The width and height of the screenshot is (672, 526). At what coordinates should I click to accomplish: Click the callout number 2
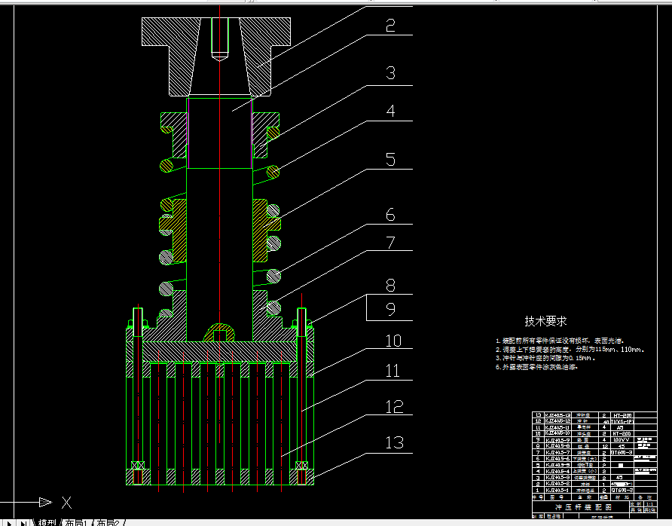pyautogui.click(x=390, y=26)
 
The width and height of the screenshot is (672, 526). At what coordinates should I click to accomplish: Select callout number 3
pyautogui.click(x=390, y=73)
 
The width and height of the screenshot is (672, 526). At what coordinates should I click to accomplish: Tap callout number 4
pyautogui.click(x=390, y=112)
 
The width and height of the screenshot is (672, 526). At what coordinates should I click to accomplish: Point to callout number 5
pyautogui.click(x=390, y=159)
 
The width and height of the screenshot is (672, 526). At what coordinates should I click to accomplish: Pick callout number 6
pyautogui.click(x=390, y=215)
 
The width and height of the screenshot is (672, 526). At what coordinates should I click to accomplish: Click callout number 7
pyautogui.click(x=390, y=243)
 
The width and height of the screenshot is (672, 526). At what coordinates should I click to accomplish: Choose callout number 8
pyautogui.click(x=390, y=286)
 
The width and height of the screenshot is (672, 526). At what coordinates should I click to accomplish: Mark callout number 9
pyautogui.click(x=390, y=309)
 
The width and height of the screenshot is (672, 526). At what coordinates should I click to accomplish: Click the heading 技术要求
pyautogui.click(x=546, y=321)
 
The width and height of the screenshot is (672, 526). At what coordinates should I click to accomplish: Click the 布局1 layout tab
pyautogui.click(x=75, y=521)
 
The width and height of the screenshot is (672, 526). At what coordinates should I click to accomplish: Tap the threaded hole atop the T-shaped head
pyautogui.click(x=219, y=38)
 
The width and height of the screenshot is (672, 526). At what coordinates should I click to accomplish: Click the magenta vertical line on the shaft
pyautogui.click(x=188, y=133)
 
